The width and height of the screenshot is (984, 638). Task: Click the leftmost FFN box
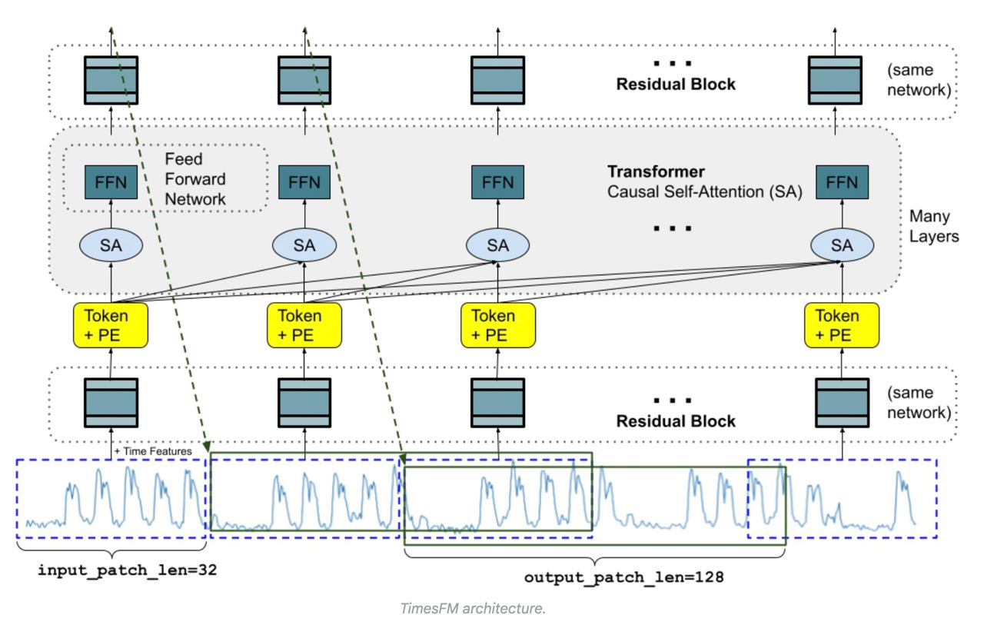point(111,182)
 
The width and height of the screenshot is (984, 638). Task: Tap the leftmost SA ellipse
point(111,245)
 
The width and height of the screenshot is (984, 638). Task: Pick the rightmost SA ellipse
point(842,245)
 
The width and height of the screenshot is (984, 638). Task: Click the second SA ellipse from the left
point(304,245)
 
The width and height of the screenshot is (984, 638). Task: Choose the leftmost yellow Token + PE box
point(111,324)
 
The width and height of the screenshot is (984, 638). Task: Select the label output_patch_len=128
point(623,577)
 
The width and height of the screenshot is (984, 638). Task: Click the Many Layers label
point(933,226)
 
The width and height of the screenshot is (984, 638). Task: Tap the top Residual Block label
point(675,85)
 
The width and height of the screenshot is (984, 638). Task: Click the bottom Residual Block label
point(675,420)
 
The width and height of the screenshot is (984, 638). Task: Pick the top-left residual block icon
point(111,80)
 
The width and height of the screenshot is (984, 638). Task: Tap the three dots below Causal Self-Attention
point(675,228)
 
